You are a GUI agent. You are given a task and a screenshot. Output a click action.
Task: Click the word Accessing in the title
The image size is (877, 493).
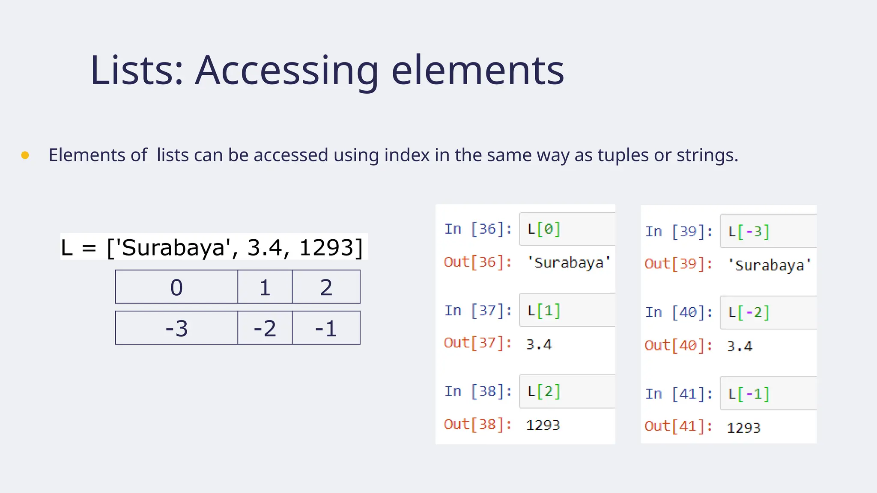point(287,71)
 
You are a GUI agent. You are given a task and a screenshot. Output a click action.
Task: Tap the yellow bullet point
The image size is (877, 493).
point(25,155)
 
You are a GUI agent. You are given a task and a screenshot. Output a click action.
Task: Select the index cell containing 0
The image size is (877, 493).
point(176,287)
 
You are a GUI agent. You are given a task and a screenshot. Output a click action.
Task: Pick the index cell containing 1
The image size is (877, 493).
point(265,287)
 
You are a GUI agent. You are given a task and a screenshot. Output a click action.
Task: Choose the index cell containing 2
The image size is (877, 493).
point(326,287)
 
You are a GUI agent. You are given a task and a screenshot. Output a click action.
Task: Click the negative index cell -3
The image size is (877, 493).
point(176,328)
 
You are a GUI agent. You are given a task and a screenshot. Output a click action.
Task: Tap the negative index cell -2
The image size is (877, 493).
point(265,328)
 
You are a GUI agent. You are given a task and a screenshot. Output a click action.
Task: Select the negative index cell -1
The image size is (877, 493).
point(326,328)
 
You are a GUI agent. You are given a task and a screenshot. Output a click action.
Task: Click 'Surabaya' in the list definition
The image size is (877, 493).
point(173,248)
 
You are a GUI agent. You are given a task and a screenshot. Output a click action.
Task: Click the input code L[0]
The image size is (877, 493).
point(544,229)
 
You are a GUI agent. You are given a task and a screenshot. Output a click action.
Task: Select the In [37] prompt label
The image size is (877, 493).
point(478,310)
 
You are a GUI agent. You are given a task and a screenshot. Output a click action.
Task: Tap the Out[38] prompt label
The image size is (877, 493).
point(478,425)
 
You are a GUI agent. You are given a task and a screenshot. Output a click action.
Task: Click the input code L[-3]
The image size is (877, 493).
point(749,232)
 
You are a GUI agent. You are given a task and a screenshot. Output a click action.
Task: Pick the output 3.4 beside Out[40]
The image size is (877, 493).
point(740,346)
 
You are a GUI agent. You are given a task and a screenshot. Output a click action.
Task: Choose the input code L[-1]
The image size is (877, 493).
point(749,394)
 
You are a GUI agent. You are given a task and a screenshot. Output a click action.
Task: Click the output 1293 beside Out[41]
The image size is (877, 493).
point(743,428)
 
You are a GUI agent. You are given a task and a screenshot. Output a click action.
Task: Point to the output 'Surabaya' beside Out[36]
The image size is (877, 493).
point(569,262)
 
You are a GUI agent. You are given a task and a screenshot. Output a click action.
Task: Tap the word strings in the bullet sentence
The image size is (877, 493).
point(707,155)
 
